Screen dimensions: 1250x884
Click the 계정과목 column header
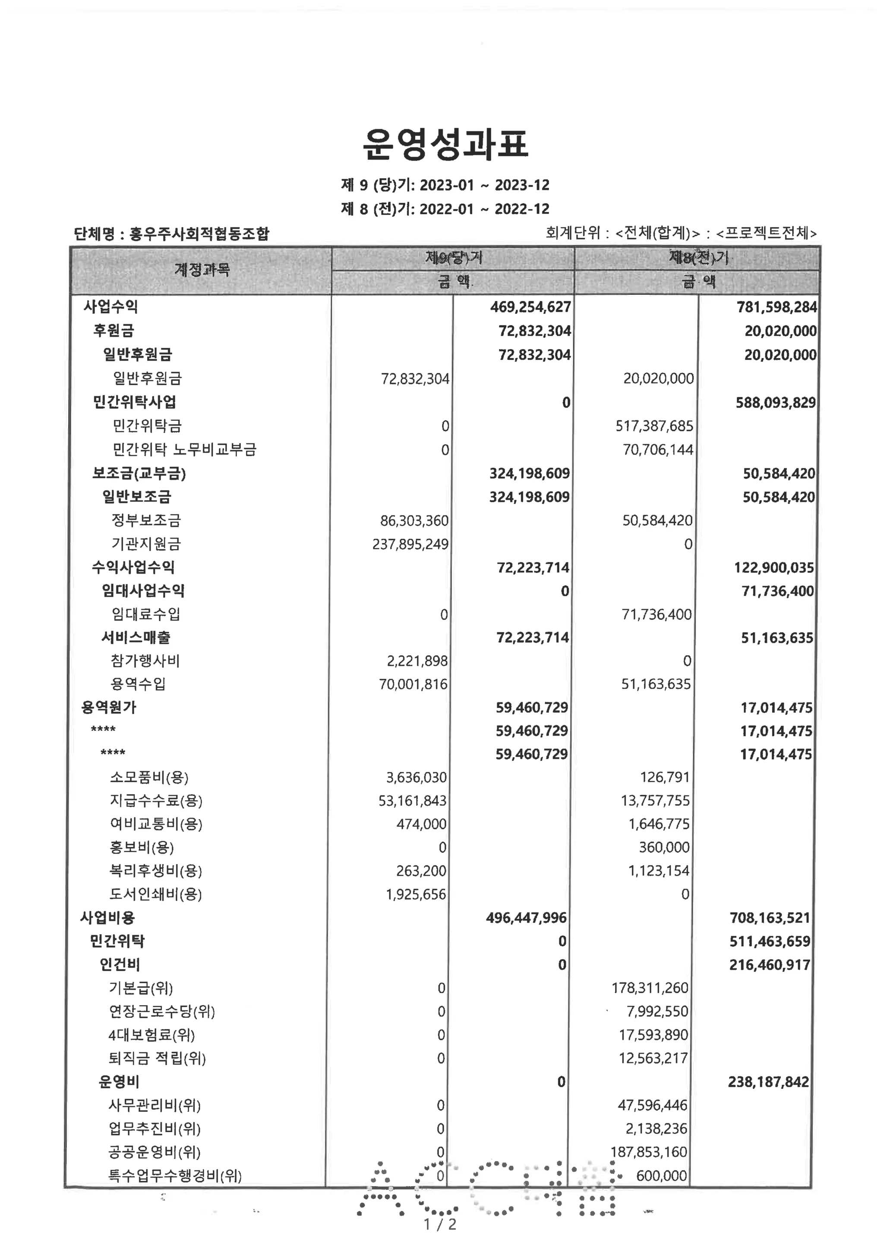coord(202,269)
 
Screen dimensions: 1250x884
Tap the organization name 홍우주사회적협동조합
coord(199,234)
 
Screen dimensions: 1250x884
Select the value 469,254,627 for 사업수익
coord(530,307)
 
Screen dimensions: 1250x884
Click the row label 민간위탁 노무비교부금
coord(184,450)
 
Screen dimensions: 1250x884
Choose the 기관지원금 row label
coord(146,544)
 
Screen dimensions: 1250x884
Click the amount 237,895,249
coord(410,544)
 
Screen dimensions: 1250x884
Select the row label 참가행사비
coord(145,661)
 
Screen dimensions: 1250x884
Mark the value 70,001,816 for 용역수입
coord(413,684)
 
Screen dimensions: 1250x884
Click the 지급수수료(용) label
coord(156,801)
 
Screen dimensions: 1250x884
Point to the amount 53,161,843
coord(412,801)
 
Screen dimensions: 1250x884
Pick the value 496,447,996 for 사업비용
coord(526,918)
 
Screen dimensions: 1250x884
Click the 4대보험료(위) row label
coord(152,1035)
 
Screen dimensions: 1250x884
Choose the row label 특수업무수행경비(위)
coord(175,1176)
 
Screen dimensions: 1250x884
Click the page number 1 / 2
coord(440,1225)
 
